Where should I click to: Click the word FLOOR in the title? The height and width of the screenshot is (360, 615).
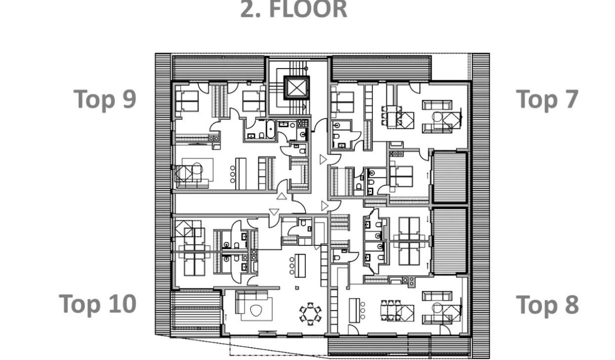pos(308,9)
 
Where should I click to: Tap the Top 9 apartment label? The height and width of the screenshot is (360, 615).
pos(105,99)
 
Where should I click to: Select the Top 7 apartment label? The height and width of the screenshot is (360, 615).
pos(547,99)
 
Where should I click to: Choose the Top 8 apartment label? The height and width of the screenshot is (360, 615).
pos(547,304)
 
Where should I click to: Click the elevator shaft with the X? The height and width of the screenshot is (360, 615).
pos(296,87)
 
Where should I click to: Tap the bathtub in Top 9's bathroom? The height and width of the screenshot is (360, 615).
pos(270,129)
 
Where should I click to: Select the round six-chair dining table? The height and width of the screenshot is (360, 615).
pos(310,314)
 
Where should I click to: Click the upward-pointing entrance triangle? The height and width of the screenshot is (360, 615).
pos(282,196)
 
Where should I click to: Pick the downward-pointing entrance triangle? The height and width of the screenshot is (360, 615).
pos(274,212)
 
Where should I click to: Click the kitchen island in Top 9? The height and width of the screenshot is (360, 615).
pos(241,173)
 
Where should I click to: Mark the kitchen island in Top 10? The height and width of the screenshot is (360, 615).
pos(300,266)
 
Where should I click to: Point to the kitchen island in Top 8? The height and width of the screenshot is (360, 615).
pos(354,310)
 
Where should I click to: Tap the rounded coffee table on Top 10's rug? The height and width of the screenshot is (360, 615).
pos(256,311)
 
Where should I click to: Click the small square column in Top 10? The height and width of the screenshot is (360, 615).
pos(297,287)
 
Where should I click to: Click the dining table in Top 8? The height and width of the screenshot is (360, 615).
pos(391,310)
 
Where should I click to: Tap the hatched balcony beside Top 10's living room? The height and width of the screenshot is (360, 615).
pos(196,314)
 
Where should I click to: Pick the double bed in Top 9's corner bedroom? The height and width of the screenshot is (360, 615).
pos(187,102)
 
